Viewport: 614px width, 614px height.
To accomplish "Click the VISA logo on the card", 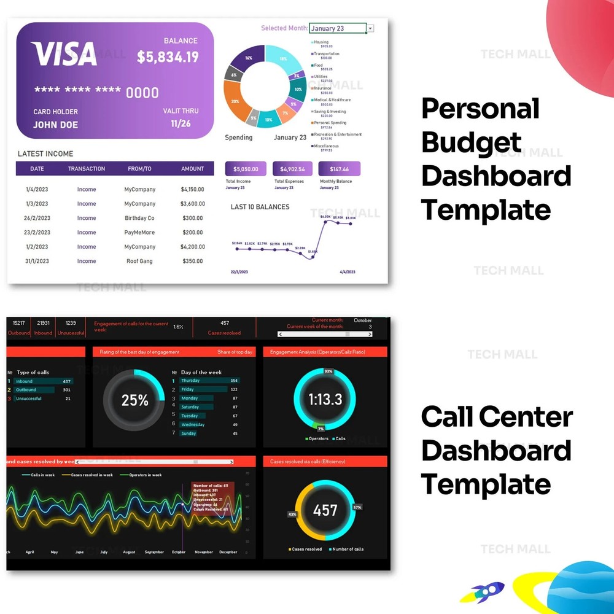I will tap(64, 54).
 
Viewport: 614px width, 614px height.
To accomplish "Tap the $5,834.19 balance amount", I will tap(168, 57).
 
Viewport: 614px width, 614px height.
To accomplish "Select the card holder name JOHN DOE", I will tap(55, 125).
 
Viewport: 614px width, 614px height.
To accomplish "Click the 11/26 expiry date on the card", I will tap(181, 123).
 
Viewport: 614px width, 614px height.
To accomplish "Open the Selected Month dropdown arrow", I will tap(370, 28).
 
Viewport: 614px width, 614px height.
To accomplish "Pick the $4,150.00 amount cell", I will tap(192, 190).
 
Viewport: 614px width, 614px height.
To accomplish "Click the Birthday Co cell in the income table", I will tap(139, 219).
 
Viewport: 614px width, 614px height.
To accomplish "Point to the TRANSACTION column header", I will tap(87, 169).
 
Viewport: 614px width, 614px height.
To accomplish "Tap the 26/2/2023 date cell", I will tap(37, 219).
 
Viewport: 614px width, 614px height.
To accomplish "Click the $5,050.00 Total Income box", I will tap(246, 169).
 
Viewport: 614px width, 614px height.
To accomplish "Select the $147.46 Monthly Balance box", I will tap(339, 169).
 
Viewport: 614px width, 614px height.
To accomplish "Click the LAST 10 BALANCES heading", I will tap(260, 207).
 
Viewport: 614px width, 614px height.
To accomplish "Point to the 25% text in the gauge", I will tap(134, 400).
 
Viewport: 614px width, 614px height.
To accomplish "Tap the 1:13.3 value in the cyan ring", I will tap(325, 399).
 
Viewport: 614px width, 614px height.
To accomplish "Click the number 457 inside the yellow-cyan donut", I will tap(325, 510).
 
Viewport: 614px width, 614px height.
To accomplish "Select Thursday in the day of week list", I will tap(190, 381).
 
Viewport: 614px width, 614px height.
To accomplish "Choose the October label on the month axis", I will tap(179, 552).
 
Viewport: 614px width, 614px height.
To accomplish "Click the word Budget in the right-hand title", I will tap(472, 142).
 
